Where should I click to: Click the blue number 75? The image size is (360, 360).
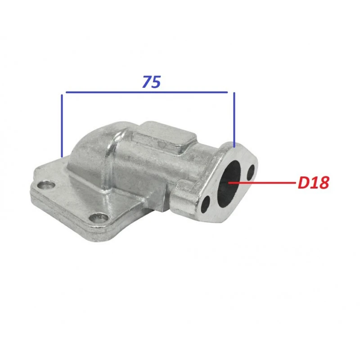point(152,82)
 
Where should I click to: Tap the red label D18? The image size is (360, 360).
point(314,183)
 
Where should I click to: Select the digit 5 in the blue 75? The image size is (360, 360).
point(156,82)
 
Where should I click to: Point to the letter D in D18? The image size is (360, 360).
point(303,183)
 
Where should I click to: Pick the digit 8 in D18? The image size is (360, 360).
point(324,183)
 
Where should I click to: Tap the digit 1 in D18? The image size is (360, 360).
point(314,183)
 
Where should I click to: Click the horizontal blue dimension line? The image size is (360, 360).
point(147,92)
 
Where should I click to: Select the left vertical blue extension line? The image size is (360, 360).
point(62,126)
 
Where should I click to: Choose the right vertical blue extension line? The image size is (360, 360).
point(234,120)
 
